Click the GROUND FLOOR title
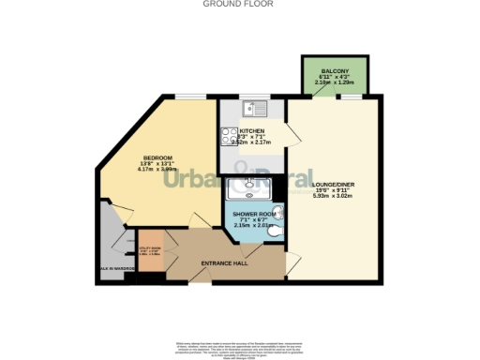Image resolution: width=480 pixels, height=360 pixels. pyautogui.click(x=239, y=4)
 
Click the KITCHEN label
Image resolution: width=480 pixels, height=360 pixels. pyautogui.click(x=252, y=130)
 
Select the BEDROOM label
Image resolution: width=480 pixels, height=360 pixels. pyautogui.click(x=157, y=157)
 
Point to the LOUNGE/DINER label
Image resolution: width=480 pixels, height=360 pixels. pyautogui.click(x=331, y=185)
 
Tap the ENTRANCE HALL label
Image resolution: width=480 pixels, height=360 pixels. pyautogui.click(x=224, y=263)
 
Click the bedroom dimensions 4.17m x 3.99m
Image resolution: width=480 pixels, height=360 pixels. pyautogui.click(x=157, y=170)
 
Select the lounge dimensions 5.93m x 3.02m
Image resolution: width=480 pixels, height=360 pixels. pyautogui.click(x=331, y=196)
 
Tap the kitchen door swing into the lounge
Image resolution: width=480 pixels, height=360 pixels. pyautogui.click(x=292, y=139)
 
